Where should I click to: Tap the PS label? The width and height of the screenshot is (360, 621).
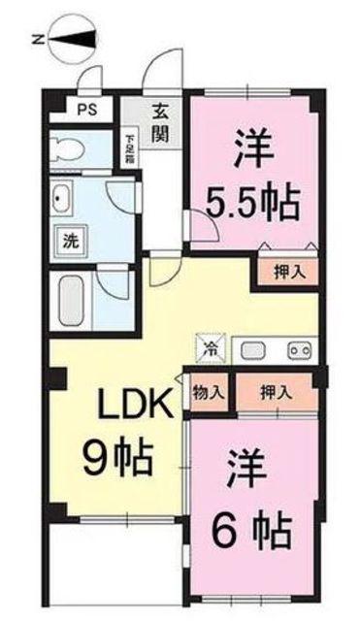[x=86, y=110]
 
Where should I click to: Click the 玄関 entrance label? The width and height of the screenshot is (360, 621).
[x=160, y=124]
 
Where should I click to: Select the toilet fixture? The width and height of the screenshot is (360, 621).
[x=67, y=148]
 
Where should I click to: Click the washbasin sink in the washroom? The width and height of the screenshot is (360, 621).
[x=61, y=198]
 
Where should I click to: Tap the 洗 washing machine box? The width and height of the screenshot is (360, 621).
[x=71, y=241]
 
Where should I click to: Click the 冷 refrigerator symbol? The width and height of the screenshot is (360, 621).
[x=212, y=348]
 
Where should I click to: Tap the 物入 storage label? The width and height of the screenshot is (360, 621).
[x=209, y=392]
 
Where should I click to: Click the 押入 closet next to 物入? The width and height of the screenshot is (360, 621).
[x=277, y=393]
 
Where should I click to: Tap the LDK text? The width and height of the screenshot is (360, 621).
[x=136, y=404]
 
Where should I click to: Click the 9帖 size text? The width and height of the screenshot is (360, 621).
[x=118, y=458]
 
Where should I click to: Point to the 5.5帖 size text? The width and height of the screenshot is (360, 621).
[x=252, y=203]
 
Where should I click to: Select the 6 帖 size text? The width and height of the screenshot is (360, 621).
[x=252, y=529]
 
